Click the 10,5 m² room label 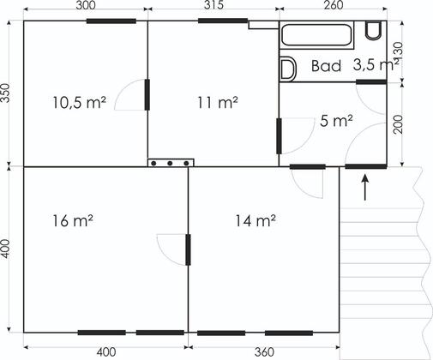coord(80,103)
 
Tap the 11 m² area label coord(218,103)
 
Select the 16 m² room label coord(73,221)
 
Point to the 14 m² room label coord(256,221)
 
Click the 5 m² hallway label coord(336,121)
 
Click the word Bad coord(326,66)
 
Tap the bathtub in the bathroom coord(316,35)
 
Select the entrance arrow coord(365,187)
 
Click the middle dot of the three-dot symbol coord(170,163)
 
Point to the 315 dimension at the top coord(213,5)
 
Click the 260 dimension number coord(334,5)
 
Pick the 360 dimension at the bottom coord(264,352)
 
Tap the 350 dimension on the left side coord(5,93)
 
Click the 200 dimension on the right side coord(398,124)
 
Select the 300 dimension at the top coord(86,5)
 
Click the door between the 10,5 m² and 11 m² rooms coord(147,95)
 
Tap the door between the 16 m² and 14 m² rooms coord(188,249)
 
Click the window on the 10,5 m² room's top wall coord(111,21)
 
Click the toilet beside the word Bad coord(288,69)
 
